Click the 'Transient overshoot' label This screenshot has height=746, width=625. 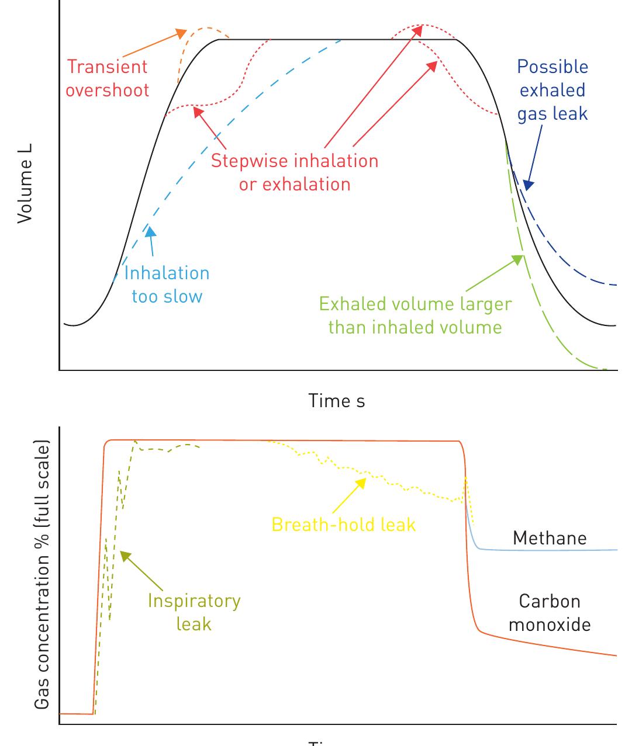(x=108, y=78)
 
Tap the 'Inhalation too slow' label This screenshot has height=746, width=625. (x=167, y=284)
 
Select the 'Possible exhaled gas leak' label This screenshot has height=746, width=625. (x=553, y=90)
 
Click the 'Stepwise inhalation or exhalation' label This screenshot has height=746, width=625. (x=295, y=172)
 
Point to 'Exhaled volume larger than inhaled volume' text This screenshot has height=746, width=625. (x=415, y=315)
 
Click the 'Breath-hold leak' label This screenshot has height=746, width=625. (x=344, y=525)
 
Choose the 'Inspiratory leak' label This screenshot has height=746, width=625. (x=194, y=612)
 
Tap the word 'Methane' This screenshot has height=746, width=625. (x=550, y=538)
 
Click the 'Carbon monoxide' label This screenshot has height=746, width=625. (x=550, y=613)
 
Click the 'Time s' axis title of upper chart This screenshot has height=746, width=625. (x=337, y=401)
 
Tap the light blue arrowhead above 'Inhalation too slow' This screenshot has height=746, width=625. (x=151, y=231)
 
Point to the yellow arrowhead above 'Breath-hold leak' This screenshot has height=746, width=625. (x=362, y=482)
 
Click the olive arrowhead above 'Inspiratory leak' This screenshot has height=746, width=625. (x=124, y=556)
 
